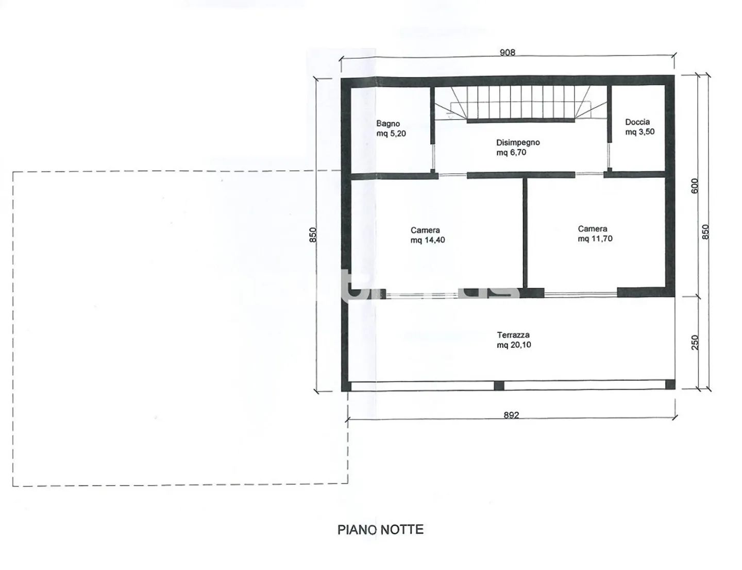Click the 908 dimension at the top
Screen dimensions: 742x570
(507, 52)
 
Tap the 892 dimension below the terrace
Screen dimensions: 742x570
(511, 415)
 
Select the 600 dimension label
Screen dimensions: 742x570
(695, 186)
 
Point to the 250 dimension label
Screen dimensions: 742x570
(695, 342)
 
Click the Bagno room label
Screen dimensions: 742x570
(388, 124)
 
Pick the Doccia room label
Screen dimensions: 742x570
(637, 122)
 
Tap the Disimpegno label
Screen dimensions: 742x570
(518, 142)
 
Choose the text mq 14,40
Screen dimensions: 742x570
(428, 240)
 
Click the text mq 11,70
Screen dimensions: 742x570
(595, 239)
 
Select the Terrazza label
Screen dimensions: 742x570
(513, 335)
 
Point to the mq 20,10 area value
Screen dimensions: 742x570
(514, 345)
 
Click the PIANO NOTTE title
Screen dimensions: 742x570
(380, 530)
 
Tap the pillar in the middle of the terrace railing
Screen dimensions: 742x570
(499, 385)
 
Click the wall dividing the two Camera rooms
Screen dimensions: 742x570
(525, 233)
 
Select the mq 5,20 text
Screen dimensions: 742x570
(391, 133)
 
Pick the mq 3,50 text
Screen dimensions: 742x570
(639, 132)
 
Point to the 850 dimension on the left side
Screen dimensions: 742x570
(313, 234)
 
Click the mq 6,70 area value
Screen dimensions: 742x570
(511, 153)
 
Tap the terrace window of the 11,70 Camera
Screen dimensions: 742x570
(581, 293)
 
